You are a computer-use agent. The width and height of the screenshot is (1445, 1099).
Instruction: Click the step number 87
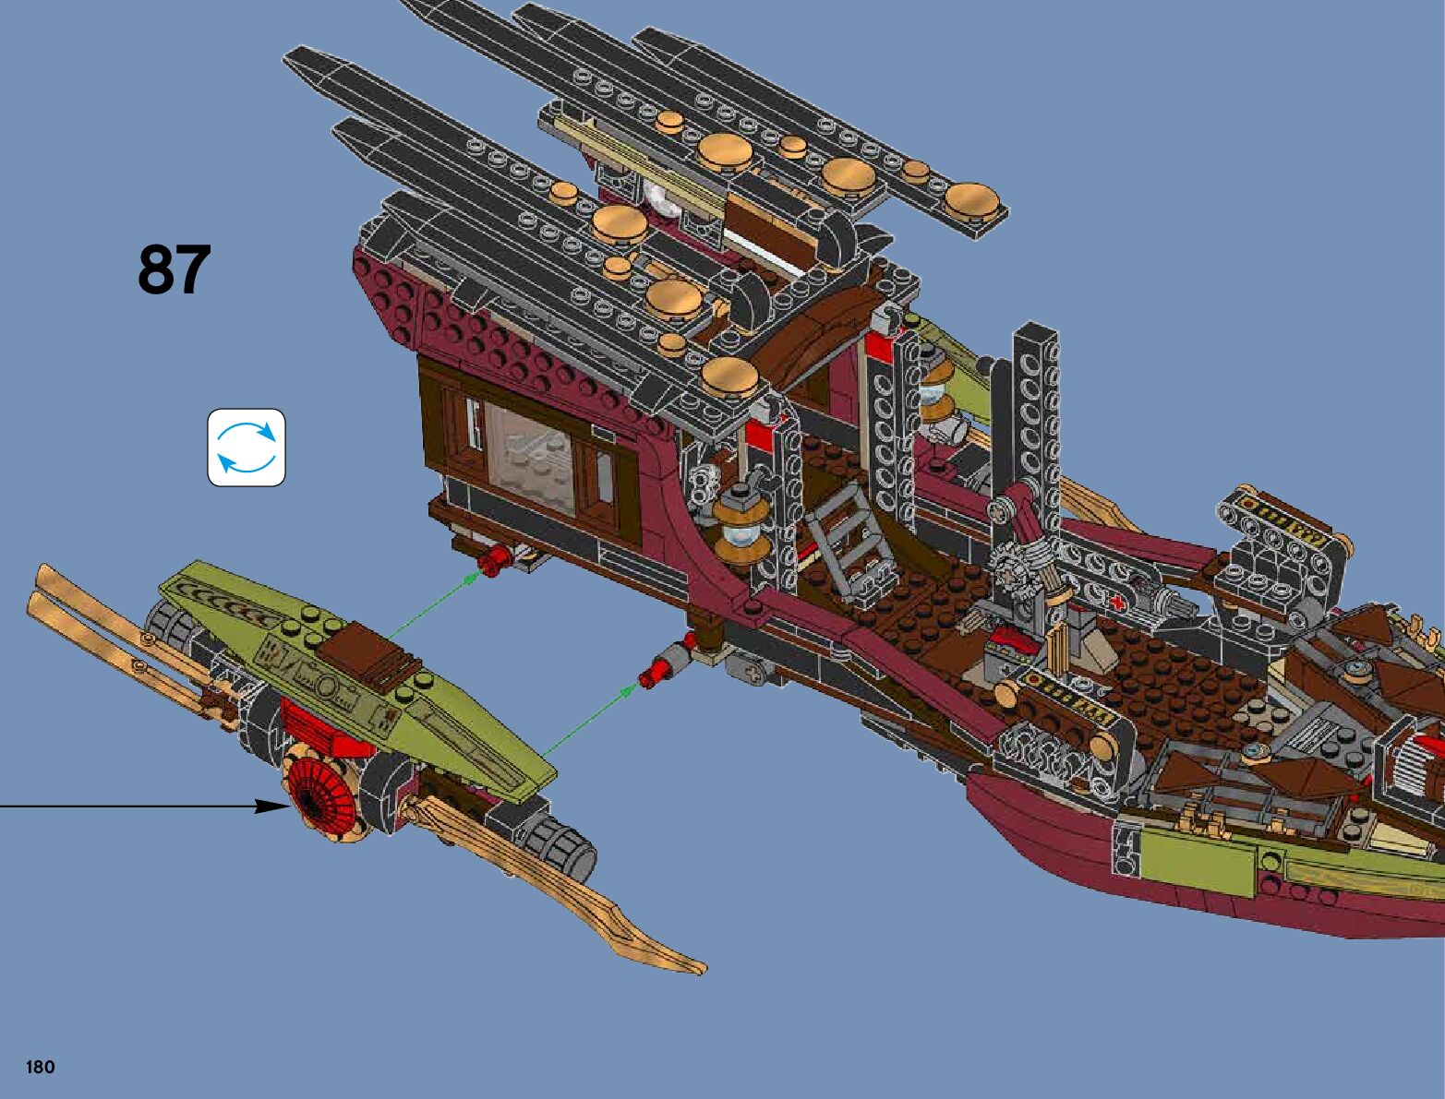[x=175, y=269]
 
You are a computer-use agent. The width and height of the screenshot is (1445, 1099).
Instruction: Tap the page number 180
[x=41, y=1068]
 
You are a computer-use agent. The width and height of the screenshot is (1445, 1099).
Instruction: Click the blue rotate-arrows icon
[x=247, y=448]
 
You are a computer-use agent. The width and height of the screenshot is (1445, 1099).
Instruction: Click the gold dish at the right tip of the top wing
[x=971, y=198]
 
